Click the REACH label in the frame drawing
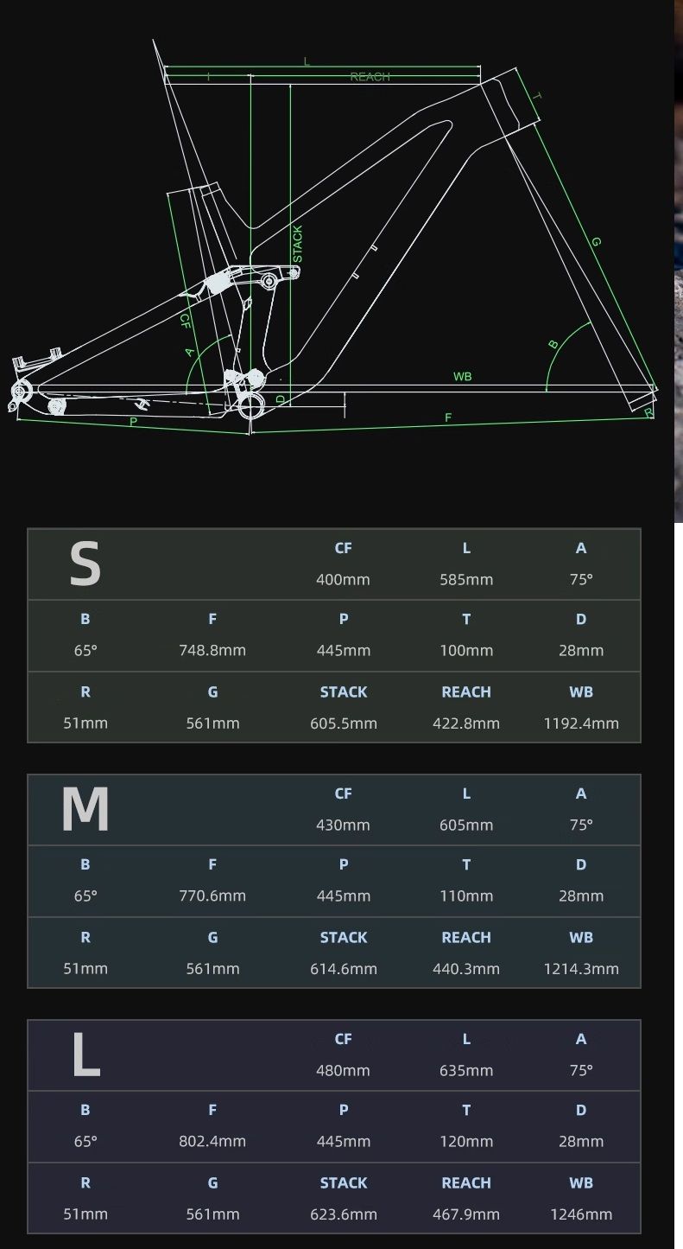tap(370, 77)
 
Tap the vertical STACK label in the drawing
tap(298, 244)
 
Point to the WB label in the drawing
tap(463, 376)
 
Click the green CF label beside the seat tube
tap(185, 321)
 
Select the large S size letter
tap(85, 564)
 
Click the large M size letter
tap(85, 809)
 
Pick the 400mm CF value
tap(343, 579)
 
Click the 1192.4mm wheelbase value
tap(581, 723)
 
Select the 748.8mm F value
tap(212, 650)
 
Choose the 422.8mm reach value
tap(466, 723)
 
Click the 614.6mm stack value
tap(344, 969)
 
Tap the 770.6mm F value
tap(212, 895)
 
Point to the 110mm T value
tap(466, 895)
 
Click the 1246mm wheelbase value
tap(581, 1214)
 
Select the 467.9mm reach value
tap(466, 1214)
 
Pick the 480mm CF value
tap(343, 1070)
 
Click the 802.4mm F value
tap(212, 1141)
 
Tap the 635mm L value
tap(466, 1070)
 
